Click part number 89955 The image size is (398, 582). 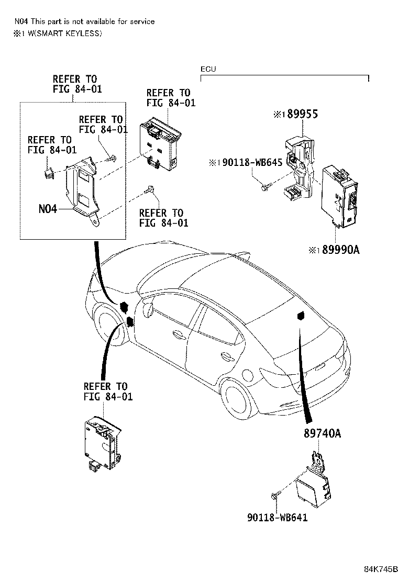pyautogui.click(x=303, y=114)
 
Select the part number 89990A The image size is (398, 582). pyautogui.click(x=341, y=250)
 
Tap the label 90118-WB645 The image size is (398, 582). pyautogui.click(x=252, y=163)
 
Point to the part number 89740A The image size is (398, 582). pyautogui.click(x=322, y=433)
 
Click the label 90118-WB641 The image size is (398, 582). pyautogui.click(x=278, y=518)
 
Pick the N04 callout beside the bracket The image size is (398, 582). pyautogui.click(x=48, y=209)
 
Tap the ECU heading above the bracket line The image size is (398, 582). pyautogui.click(x=208, y=69)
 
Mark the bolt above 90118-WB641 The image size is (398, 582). pyautogui.click(x=275, y=496)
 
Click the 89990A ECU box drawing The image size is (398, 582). pyautogui.click(x=339, y=196)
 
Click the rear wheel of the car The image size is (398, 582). pyautogui.click(x=235, y=399)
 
